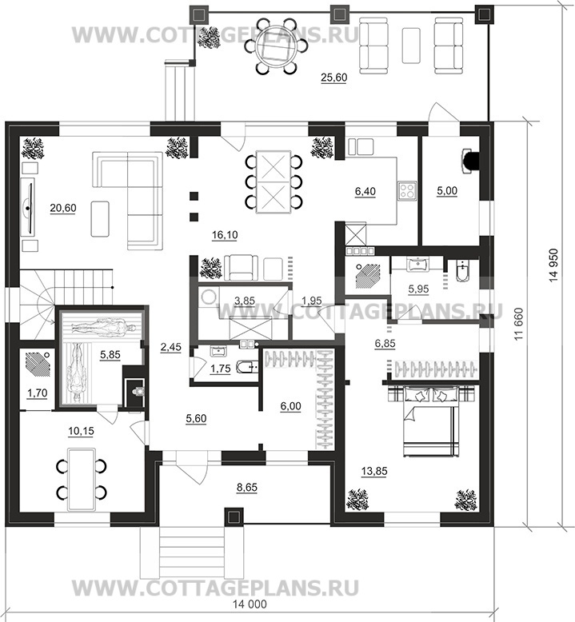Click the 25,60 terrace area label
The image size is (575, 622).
[333, 78]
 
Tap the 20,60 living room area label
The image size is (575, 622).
[63, 208]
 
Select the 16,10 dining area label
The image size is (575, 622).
[225, 235]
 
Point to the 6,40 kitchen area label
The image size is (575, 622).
[365, 192]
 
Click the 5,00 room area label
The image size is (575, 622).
[447, 191]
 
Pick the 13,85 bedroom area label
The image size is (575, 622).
[374, 471]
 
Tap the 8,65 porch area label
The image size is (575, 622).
[246, 487]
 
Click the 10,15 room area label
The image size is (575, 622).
[81, 431]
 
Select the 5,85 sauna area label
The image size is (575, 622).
[110, 354]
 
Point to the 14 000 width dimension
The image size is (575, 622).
[250, 604]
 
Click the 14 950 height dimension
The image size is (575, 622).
[553, 265]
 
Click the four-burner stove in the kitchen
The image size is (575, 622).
[407, 189]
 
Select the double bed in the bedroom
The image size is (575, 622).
[430, 421]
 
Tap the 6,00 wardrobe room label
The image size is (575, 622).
[290, 406]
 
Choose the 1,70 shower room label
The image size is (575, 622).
[37, 393]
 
